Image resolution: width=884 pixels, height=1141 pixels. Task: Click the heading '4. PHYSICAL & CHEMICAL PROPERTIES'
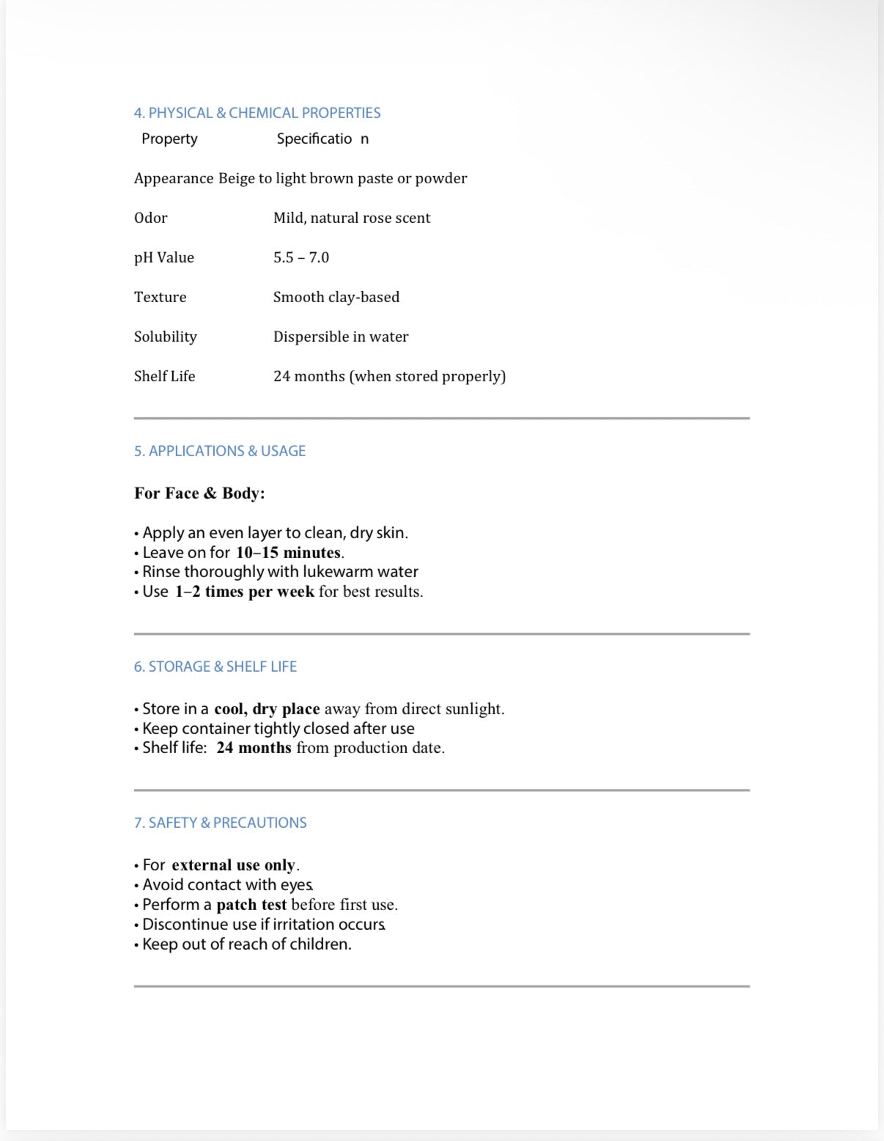tap(257, 113)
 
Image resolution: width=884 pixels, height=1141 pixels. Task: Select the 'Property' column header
tap(169, 139)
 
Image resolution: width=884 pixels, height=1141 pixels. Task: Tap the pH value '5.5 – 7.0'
tap(301, 257)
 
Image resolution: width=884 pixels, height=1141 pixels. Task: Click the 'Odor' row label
tap(150, 218)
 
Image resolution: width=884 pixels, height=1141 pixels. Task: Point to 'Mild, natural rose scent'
tap(352, 218)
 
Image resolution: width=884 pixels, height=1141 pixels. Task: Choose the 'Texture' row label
tap(160, 297)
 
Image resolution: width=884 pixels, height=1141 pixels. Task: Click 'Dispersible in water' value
tap(341, 337)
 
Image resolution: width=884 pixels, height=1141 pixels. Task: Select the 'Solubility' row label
tap(165, 337)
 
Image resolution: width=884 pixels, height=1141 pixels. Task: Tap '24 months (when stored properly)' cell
tap(389, 376)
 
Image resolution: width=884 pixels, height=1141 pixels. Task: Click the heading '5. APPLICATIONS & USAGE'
tap(220, 451)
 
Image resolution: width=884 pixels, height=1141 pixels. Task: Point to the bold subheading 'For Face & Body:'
tap(199, 493)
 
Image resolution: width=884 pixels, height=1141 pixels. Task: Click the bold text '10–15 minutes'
tap(288, 552)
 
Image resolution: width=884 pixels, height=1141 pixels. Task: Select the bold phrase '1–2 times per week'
tap(244, 592)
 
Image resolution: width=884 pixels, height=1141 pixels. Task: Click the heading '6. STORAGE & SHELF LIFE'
tap(216, 667)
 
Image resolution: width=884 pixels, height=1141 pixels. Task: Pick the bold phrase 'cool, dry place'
tap(267, 709)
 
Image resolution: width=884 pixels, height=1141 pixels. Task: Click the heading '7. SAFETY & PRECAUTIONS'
tap(220, 823)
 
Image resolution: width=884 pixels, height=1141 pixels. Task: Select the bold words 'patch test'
tap(251, 905)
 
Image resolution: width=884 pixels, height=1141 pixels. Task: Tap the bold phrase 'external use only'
tap(234, 865)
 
